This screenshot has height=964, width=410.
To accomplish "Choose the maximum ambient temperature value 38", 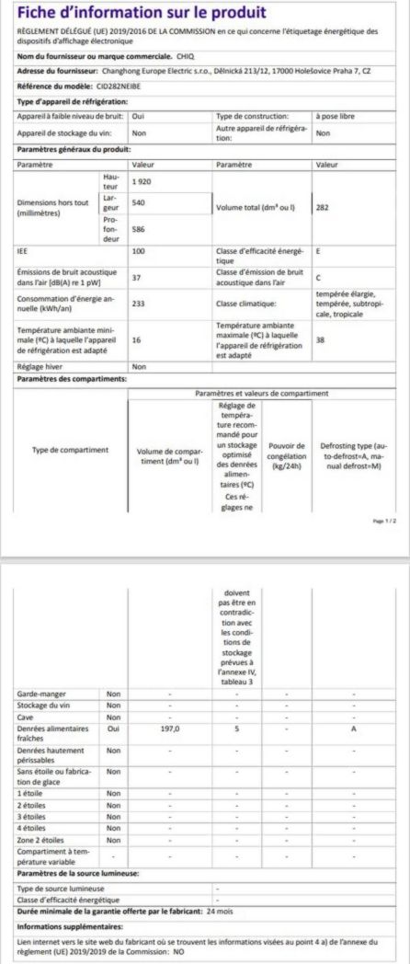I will click(x=320, y=339).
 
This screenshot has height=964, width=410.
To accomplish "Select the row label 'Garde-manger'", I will click(x=40, y=693).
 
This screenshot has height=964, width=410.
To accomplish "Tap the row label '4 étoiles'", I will click(x=33, y=827).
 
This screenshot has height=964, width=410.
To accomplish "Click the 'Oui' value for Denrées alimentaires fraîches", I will click(x=114, y=753).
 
